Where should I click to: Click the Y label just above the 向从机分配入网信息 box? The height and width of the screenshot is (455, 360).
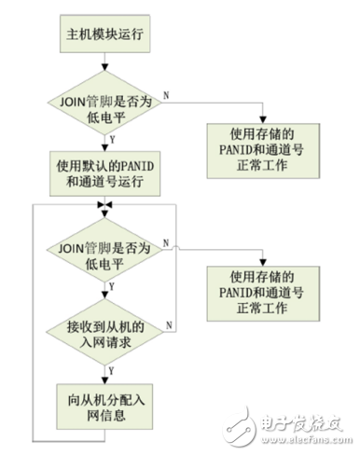pos(114,370)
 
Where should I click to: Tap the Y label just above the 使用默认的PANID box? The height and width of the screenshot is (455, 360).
pos(114,138)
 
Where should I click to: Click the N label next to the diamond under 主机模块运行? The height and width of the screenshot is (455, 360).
pos(165,94)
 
